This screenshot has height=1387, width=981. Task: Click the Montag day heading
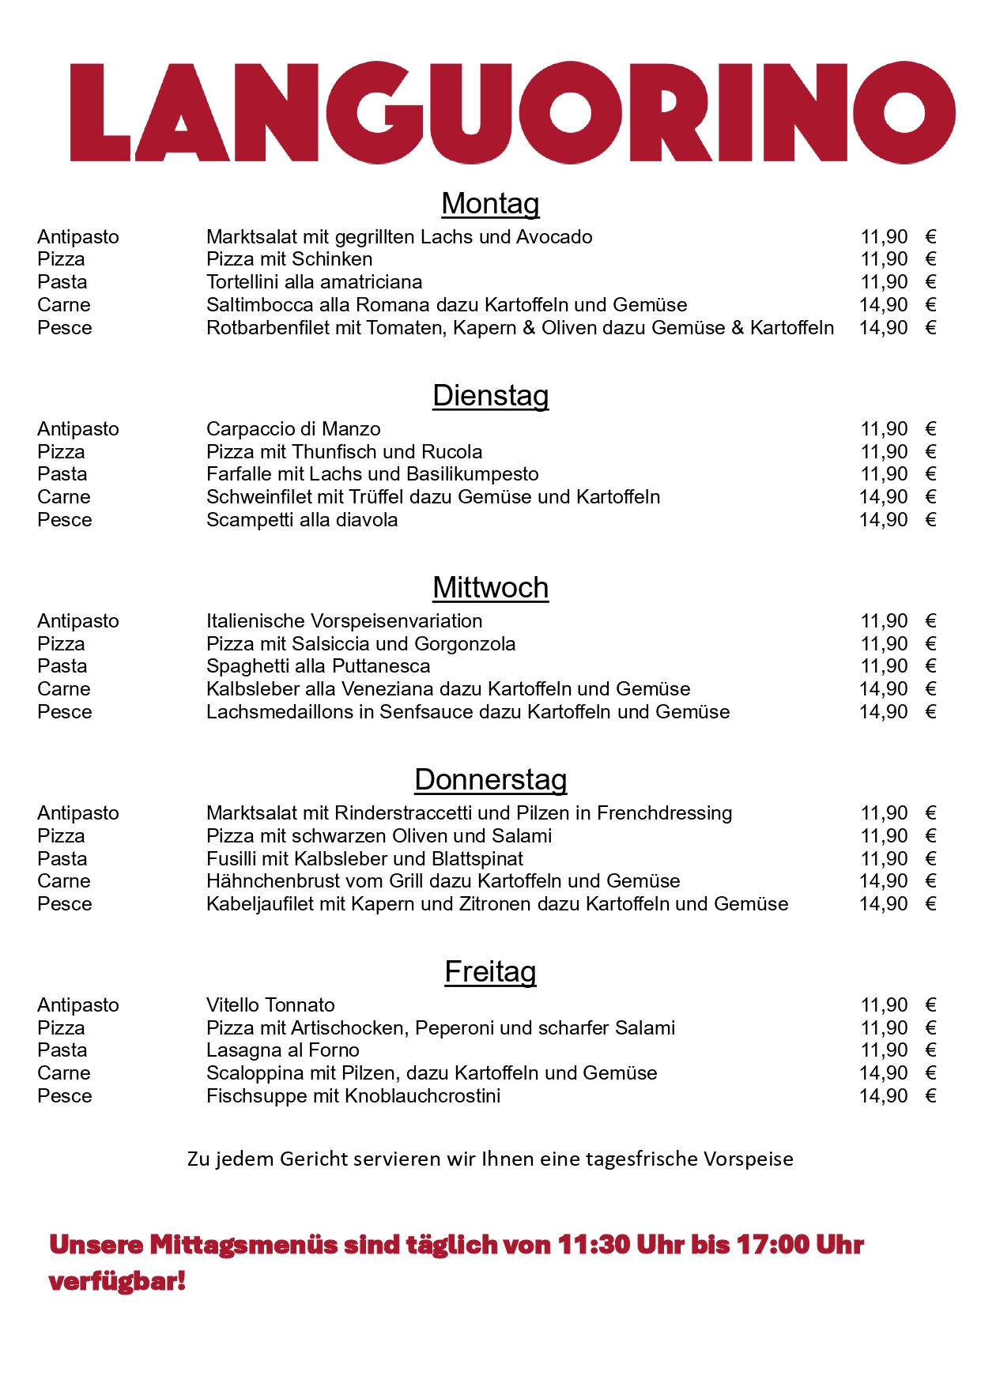pos(490,204)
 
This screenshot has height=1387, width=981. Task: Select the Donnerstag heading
pos(490,780)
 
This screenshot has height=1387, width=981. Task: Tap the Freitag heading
pos(490,972)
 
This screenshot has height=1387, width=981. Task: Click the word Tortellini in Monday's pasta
pos(243,282)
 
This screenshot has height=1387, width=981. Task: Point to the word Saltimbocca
pos(259,305)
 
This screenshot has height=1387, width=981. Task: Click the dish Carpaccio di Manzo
pos(293,429)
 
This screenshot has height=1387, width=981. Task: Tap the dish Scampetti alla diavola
pos(302,520)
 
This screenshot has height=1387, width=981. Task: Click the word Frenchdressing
pos(664,813)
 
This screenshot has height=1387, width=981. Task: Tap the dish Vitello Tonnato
pos(270,1005)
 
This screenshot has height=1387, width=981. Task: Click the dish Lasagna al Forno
pos(283,1050)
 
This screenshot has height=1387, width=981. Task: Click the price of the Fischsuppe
pos(884,1096)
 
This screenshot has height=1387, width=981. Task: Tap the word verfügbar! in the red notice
pos(117,1281)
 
